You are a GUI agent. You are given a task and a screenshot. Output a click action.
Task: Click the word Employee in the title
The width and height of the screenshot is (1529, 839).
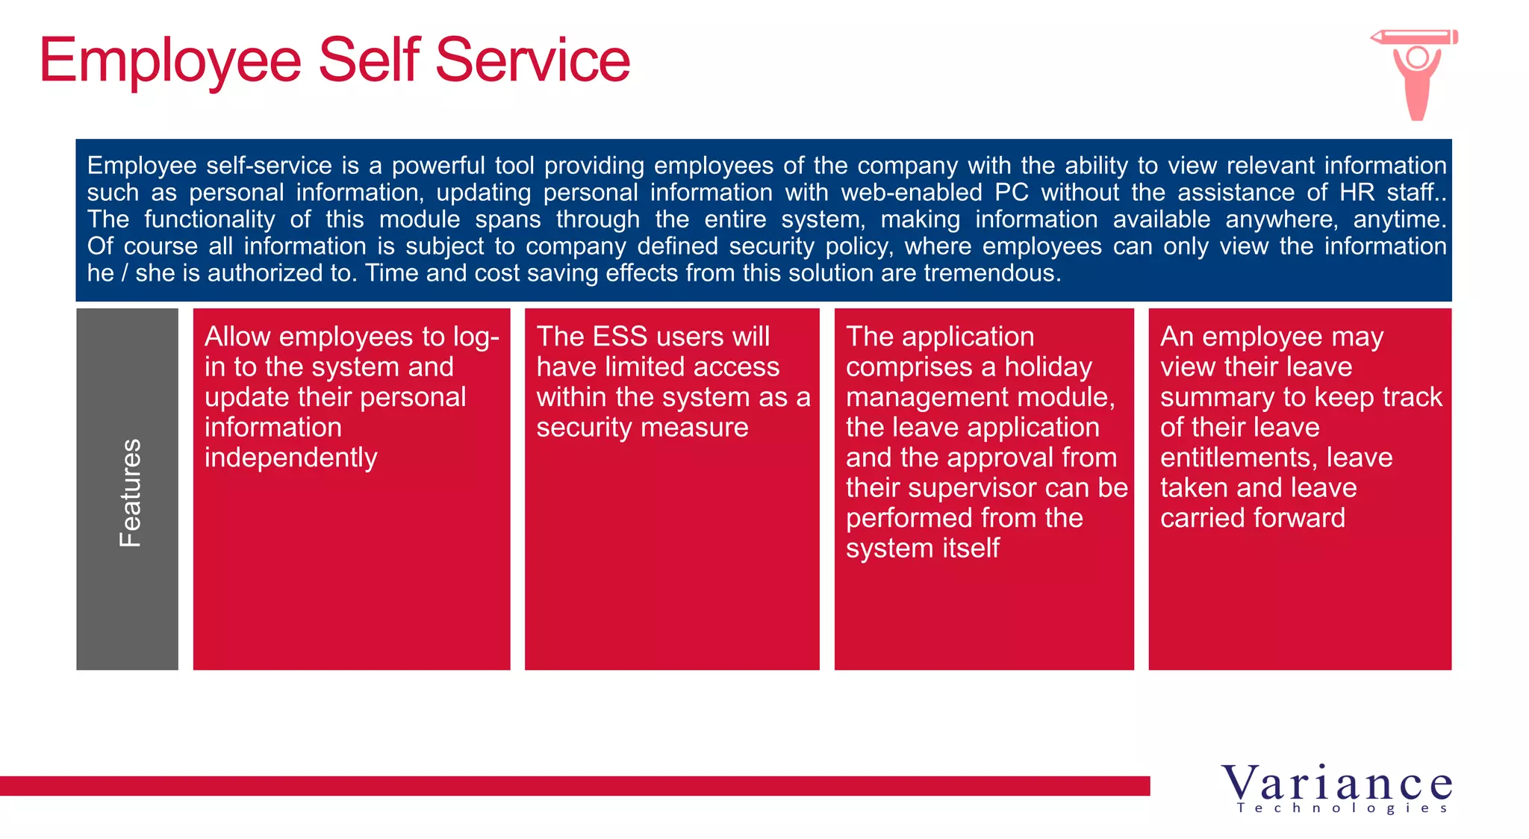[x=170, y=61]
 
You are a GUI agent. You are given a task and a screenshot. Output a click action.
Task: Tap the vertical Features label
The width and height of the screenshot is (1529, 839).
[x=130, y=493]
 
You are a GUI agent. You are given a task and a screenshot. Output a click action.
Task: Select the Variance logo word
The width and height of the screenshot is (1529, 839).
[x=1336, y=784]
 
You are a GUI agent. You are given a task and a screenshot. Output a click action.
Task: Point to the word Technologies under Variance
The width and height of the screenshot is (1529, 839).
[x=1342, y=808]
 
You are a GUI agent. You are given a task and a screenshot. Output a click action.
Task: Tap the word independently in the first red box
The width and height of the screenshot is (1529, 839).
[x=290, y=458]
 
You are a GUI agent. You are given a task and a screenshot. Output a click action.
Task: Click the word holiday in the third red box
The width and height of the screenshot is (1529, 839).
[x=1048, y=367]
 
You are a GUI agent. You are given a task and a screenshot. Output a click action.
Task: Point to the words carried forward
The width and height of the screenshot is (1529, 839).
[x=1252, y=518]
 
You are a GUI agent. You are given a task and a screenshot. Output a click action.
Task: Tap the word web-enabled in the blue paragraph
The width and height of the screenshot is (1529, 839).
[x=911, y=193]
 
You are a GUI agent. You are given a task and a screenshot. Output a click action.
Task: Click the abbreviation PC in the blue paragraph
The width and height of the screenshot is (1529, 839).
[x=1012, y=193]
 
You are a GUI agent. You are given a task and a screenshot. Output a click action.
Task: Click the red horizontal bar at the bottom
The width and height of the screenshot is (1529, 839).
[x=575, y=785]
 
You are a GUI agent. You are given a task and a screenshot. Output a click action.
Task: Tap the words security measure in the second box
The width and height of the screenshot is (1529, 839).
[x=642, y=428]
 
